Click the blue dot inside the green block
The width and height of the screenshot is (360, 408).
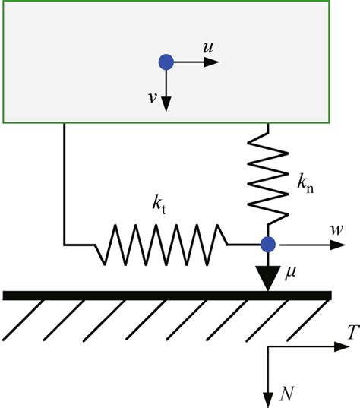click(166, 62)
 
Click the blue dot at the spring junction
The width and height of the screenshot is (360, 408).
click(267, 245)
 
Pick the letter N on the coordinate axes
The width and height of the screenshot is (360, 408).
click(288, 394)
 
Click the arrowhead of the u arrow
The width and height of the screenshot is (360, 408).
click(214, 62)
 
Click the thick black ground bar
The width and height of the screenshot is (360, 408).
click(167, 295)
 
